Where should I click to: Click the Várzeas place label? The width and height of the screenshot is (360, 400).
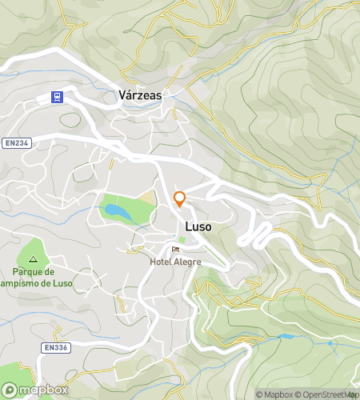click(139, 95)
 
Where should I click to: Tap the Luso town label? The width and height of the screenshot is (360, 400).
click(198, 227)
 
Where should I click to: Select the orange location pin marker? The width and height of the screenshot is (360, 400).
click(180, 199)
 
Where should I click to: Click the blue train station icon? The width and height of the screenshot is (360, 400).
click(57, 97)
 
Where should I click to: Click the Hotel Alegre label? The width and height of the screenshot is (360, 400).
click(175, 262)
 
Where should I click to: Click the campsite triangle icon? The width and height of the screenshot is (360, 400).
click(33, 259)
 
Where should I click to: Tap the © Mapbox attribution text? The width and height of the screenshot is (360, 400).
click(274, 394)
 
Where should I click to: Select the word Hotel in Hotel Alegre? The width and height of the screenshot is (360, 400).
click(161, 262)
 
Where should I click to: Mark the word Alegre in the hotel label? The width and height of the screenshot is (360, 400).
click(188, 262)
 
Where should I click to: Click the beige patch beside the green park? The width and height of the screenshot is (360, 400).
click(146, 197)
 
